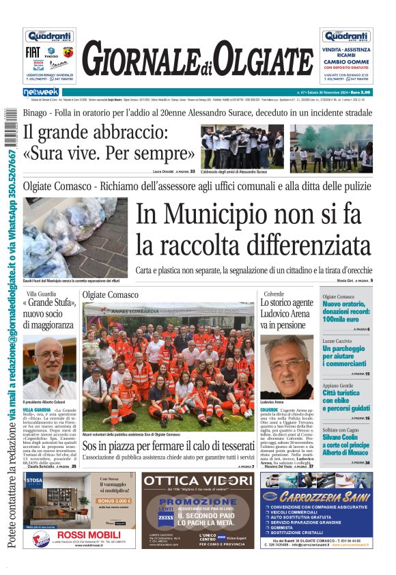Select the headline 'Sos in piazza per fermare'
point(167,446)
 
